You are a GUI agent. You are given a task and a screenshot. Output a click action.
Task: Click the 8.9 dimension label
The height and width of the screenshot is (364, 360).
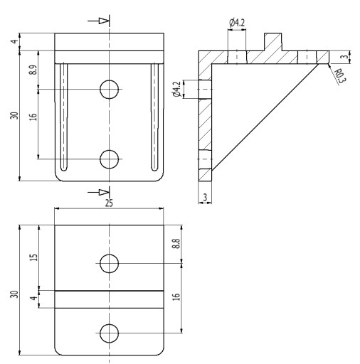(x=33, y=70)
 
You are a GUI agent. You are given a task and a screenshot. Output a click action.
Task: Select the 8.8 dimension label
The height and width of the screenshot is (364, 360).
(x=176, y=244)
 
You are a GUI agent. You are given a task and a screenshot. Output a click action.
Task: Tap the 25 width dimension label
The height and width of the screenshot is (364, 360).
(x=109, y=203)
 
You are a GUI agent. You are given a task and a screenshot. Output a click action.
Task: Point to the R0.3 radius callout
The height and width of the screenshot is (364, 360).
(x=340, y=76)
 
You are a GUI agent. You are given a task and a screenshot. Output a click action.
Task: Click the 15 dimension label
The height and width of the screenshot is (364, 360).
(x=34, y=257)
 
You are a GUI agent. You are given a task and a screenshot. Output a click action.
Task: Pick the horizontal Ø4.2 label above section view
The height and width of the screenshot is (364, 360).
(x=237, y=23)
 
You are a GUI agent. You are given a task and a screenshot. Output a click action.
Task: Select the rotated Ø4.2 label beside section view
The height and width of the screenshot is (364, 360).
(x=177, y=90)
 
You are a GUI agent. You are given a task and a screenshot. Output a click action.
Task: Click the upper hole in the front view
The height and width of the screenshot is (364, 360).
(x=109, y=90)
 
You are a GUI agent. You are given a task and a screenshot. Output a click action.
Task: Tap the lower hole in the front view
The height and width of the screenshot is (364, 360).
(x=109, y=159)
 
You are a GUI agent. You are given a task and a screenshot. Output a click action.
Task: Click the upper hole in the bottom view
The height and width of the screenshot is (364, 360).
(x=109, y=264)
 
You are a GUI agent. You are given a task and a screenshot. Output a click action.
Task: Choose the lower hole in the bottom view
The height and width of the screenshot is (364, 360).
(x=109, y=333)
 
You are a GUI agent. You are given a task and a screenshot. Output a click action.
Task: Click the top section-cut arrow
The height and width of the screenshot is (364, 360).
(x=98, y=21)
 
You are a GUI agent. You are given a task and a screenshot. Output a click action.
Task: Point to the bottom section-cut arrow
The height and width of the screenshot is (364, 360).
(x=98, y=192)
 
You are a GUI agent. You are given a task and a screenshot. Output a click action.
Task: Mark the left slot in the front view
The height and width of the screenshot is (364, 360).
(x=63, y=117)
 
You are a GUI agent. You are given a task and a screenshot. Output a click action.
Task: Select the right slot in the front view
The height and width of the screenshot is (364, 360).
(x=154, y=117)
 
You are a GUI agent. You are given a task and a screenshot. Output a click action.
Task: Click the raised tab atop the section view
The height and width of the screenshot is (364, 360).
(x=273, y=42)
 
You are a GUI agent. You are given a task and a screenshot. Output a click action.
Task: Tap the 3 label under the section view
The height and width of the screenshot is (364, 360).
(x=205, y=197)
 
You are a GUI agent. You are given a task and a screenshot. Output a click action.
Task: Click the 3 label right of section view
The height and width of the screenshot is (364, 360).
(x=346, y=57)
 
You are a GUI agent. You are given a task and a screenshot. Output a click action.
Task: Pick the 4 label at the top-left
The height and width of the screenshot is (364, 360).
(x=15, y=41)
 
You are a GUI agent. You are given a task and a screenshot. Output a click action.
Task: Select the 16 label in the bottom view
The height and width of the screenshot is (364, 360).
(x=176, y=297)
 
